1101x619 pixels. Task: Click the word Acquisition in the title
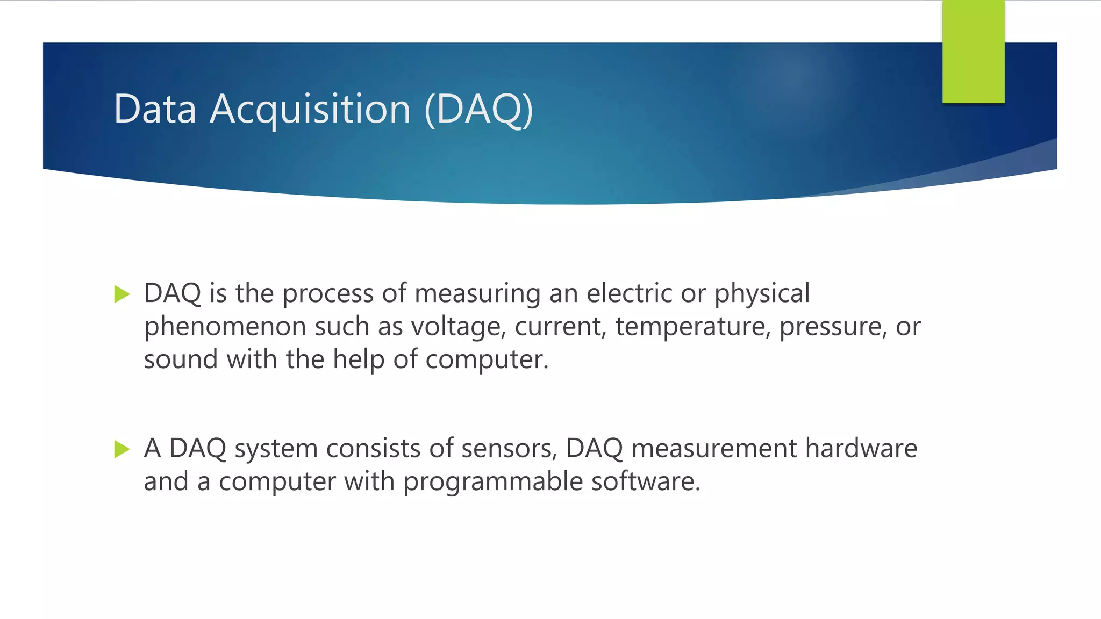click(310, 110)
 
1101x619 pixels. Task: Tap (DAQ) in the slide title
click(478, 110)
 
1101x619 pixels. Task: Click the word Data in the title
click(155, 110)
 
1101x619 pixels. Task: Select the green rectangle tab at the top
click(973, 52)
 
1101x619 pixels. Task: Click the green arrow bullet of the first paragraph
click(122, 294)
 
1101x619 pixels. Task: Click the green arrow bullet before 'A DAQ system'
click(122, 449)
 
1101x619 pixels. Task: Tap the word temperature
click(690, 327)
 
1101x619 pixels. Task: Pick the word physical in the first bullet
click(761, 294)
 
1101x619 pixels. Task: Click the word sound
click(180, 359)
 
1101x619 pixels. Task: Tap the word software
click(646, 481)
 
